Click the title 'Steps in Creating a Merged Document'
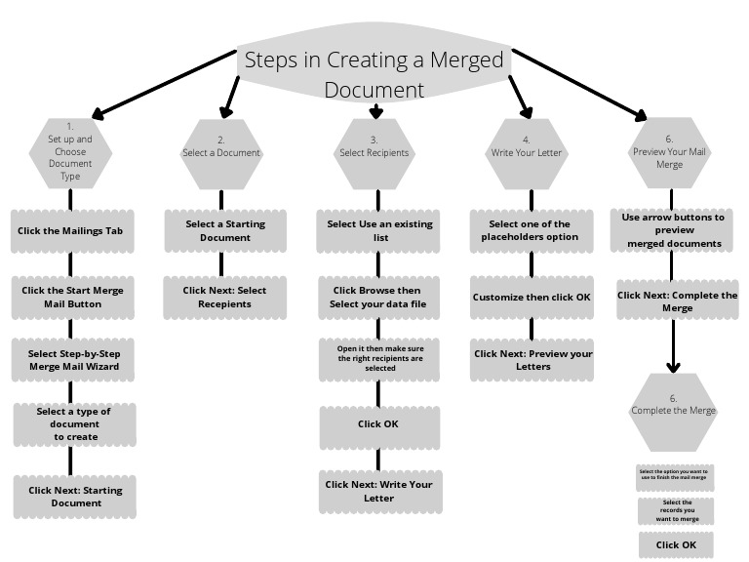374,73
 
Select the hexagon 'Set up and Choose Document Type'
69,152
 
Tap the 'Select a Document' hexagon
221,153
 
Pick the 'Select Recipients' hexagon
374,153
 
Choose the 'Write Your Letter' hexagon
527,153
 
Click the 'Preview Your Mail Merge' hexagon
670,152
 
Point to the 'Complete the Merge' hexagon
673,411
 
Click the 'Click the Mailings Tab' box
74,232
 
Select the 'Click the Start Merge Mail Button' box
74,297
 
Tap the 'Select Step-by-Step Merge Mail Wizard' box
74,360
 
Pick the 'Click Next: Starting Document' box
75,497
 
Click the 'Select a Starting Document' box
225,231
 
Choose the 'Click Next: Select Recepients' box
225,297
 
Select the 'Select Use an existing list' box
379,231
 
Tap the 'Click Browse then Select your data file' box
379,298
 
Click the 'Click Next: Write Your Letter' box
379,491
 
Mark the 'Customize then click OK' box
532,297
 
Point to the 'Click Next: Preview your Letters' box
532,359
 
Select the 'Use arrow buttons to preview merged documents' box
673,230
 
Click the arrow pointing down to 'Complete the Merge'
673,346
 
